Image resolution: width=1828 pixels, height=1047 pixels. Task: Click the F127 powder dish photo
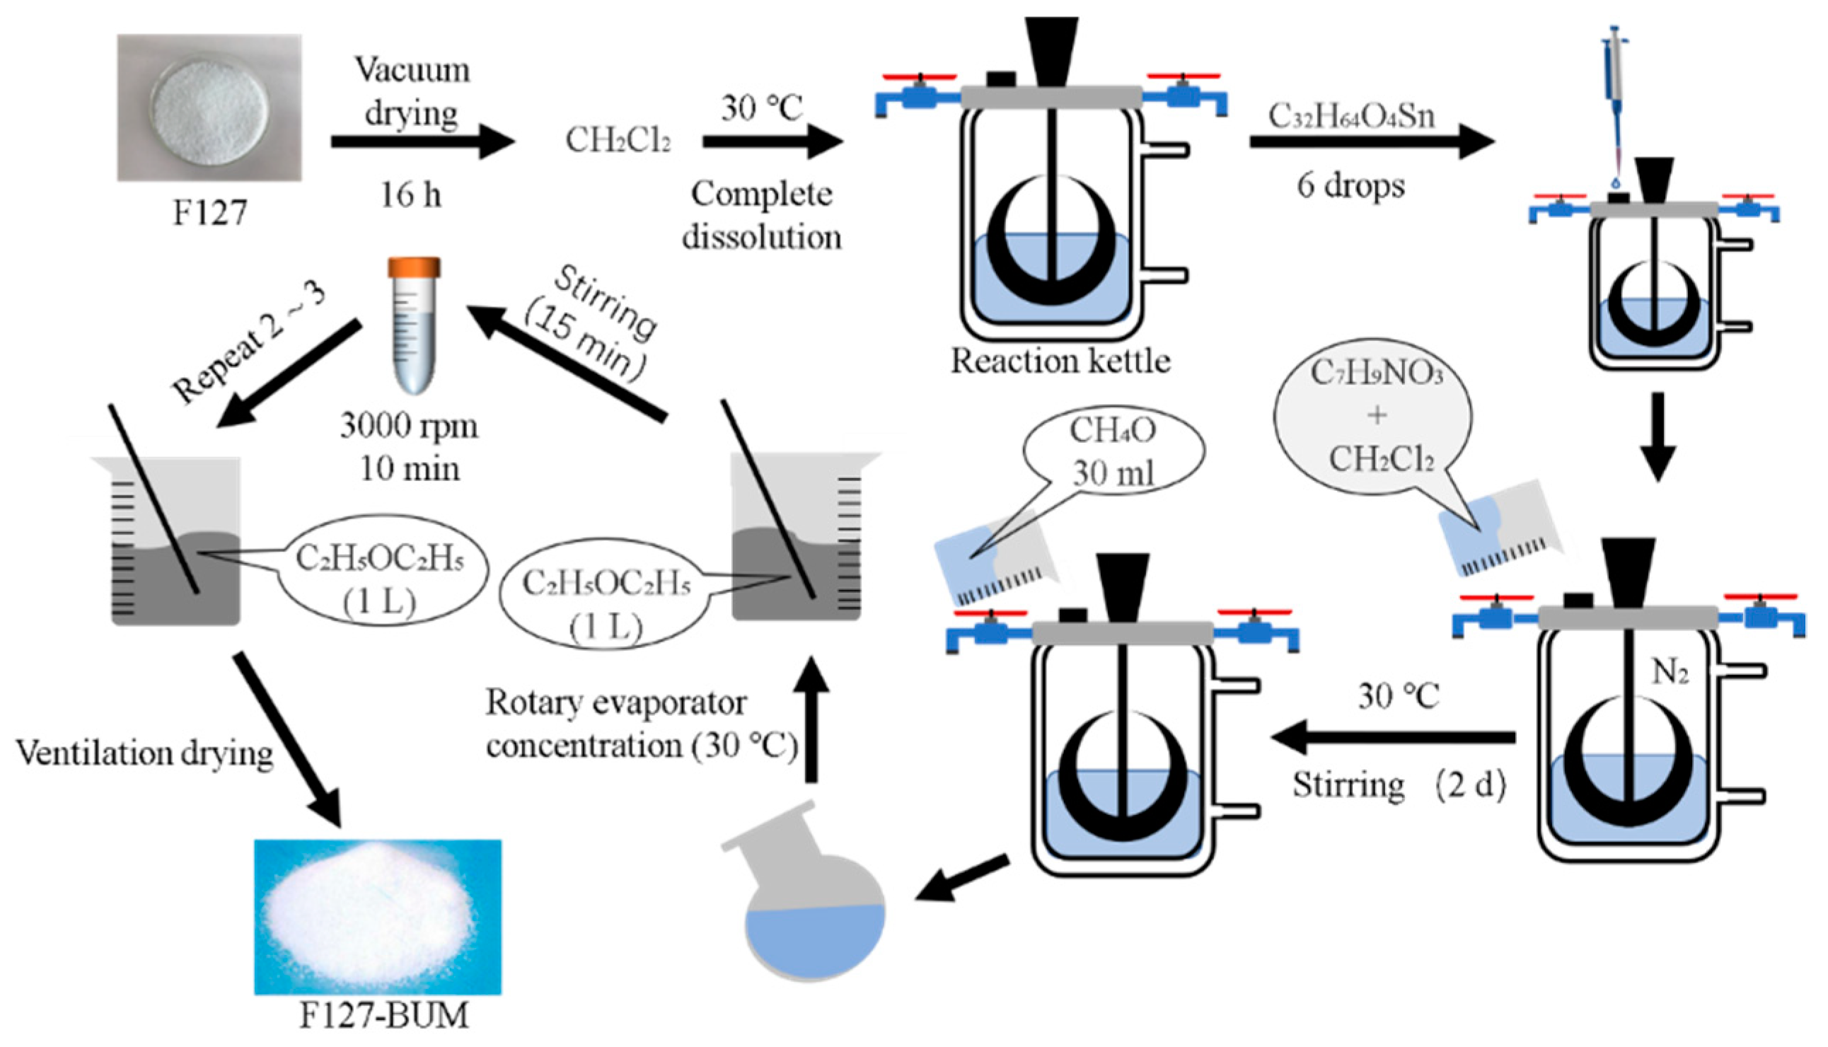click(209, 108)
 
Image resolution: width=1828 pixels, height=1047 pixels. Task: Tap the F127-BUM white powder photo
click(378, 917)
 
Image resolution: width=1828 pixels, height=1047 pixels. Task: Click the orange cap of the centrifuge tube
click(414, 267)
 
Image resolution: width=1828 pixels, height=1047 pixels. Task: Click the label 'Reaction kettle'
click(1060, 361)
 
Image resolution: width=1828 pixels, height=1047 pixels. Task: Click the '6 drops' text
click(1350, 185)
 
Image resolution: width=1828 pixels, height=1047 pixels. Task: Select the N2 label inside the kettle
click(1670, 672)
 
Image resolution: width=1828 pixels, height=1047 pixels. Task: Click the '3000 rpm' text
click(408, 426)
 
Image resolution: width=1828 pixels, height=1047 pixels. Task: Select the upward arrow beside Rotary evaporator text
click(811, 719)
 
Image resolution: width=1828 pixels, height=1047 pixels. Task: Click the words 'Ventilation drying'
click(144, 753)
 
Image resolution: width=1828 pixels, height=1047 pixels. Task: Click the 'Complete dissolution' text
click(763, 214)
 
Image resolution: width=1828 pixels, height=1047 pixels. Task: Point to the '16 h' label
click(410, 195)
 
